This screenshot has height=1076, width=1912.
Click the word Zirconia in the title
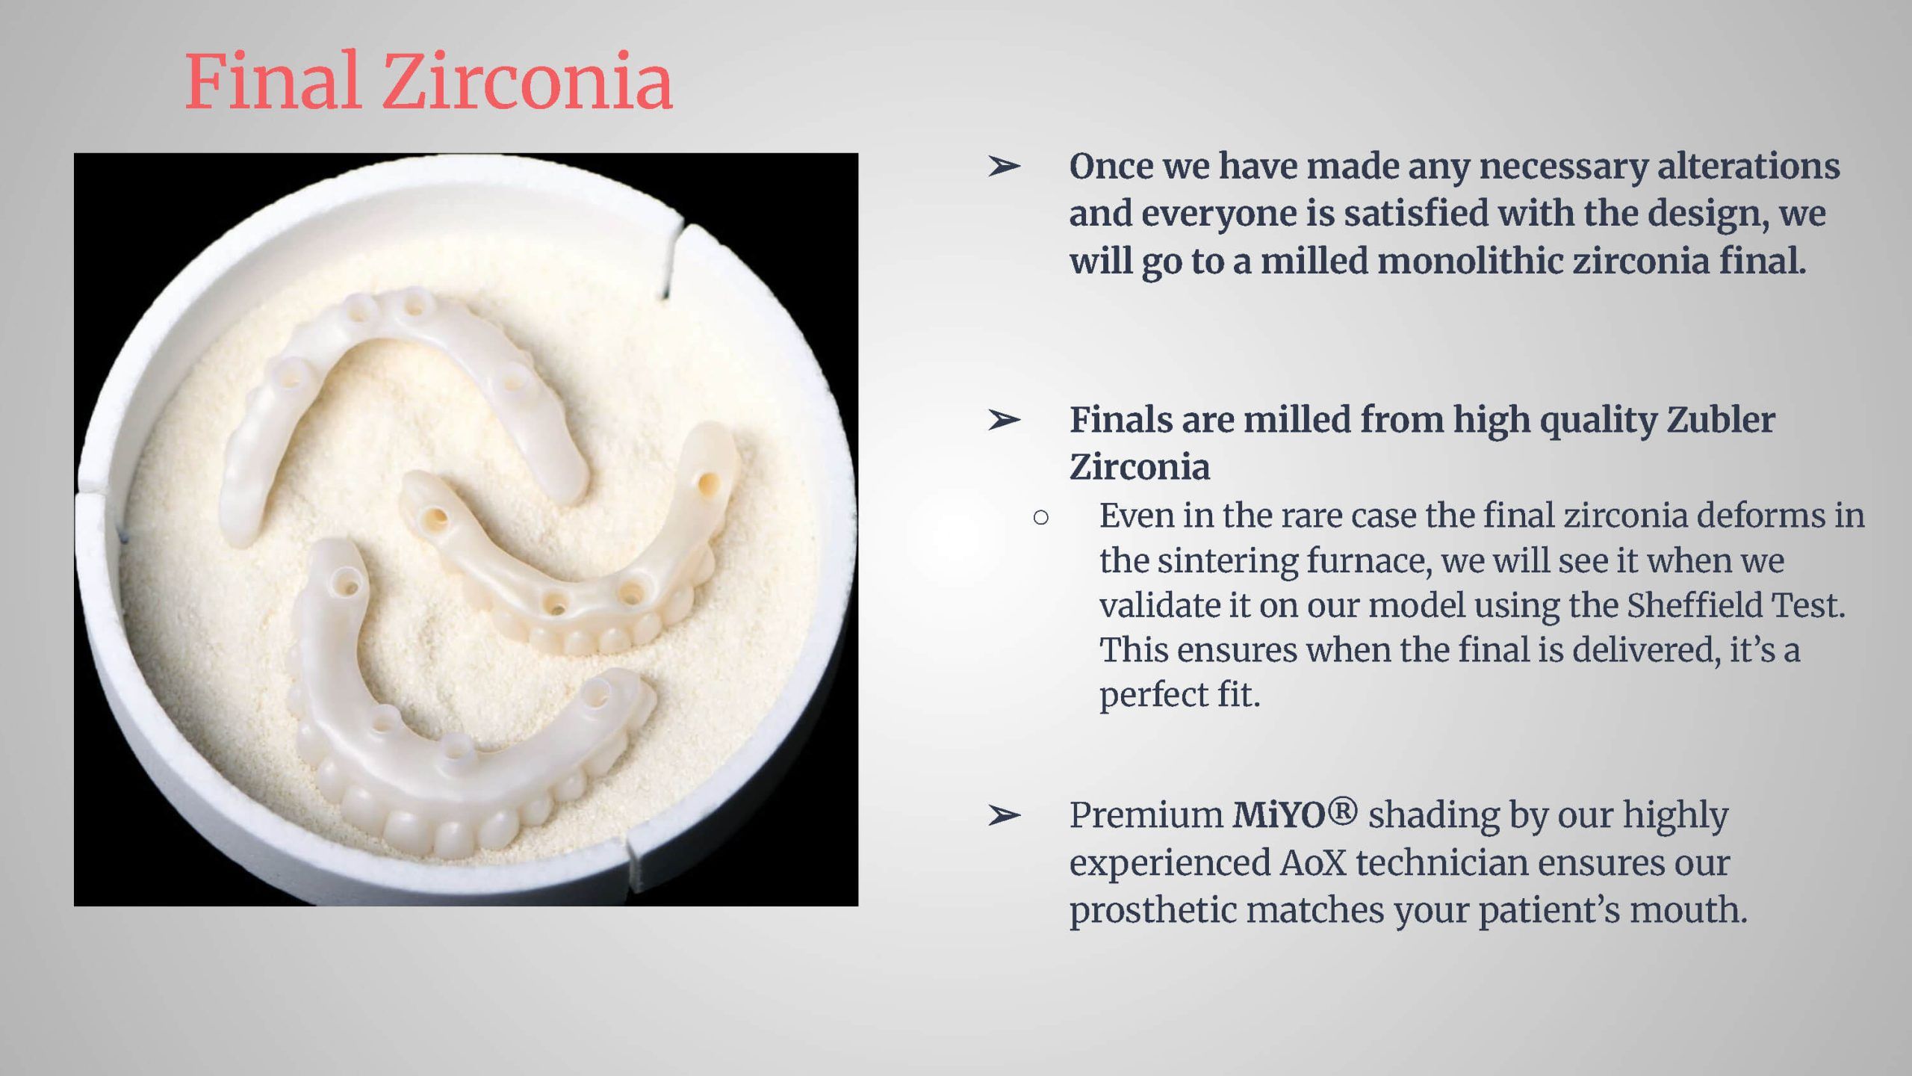point(528,81)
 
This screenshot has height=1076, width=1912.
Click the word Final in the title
point(273,81)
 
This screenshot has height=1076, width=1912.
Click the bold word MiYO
point(1279,814)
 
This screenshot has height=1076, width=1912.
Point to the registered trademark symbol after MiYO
point(1342,811)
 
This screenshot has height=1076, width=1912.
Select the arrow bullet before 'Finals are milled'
point(1003,421)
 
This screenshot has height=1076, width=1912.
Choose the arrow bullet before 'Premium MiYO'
point(1003,815)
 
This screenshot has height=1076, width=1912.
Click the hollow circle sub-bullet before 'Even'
point(1041,517)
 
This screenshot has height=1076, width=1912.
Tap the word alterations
point(1748,166)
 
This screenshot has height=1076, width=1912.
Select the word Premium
point(1146,814)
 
